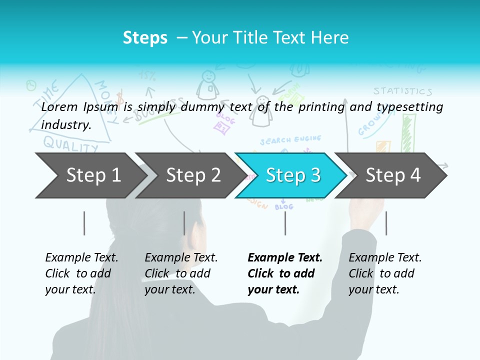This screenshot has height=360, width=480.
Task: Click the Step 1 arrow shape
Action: click(x=90, y=175)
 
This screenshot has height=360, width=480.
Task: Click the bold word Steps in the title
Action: click(x=145, y=37)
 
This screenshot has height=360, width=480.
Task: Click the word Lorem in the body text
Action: click(x=60, y=106)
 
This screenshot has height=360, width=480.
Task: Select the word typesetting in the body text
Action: click(x=409, y=106)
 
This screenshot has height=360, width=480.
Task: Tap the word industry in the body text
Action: click(x=65, y=124)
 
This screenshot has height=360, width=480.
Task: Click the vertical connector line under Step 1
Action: click(x=84, y=223)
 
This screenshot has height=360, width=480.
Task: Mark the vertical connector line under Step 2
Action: click(x=184, y=223)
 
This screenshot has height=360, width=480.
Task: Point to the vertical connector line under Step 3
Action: click(x=285, y=223)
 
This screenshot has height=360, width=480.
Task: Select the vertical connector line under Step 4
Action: click(x=386, y=223)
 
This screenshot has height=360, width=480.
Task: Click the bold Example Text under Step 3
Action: click(x=285, y=257)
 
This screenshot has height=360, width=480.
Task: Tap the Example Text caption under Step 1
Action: click(x=81, y=257)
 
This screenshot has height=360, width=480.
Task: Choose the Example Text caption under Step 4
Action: click(x=385, y=257)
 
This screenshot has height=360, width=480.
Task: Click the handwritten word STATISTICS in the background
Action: click(x=402, y=91)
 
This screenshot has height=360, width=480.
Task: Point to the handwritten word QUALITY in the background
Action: click(x=70, y=144)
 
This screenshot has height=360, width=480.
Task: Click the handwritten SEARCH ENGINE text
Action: click(x=290, y=140)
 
